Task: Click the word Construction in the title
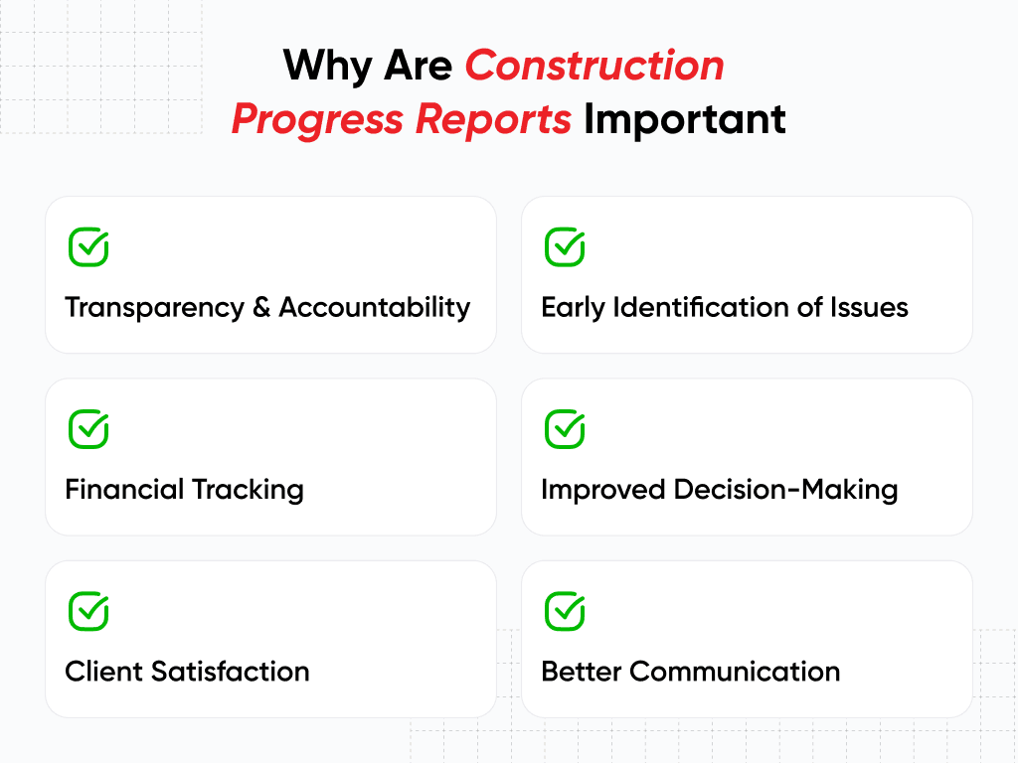(594, 66)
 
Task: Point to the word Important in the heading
(685, 119)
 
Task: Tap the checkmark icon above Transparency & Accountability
(88, 247)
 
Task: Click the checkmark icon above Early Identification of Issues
(565, 247)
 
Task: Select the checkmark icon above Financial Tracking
(88, 429)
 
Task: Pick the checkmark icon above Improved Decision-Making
(565, 429)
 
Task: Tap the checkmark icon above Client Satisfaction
(88, 611)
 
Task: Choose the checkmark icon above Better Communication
(565, 611)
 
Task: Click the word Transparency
(154, 308)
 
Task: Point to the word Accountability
(375, 308)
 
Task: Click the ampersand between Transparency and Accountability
(261, 308)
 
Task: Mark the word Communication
(735, 672)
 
